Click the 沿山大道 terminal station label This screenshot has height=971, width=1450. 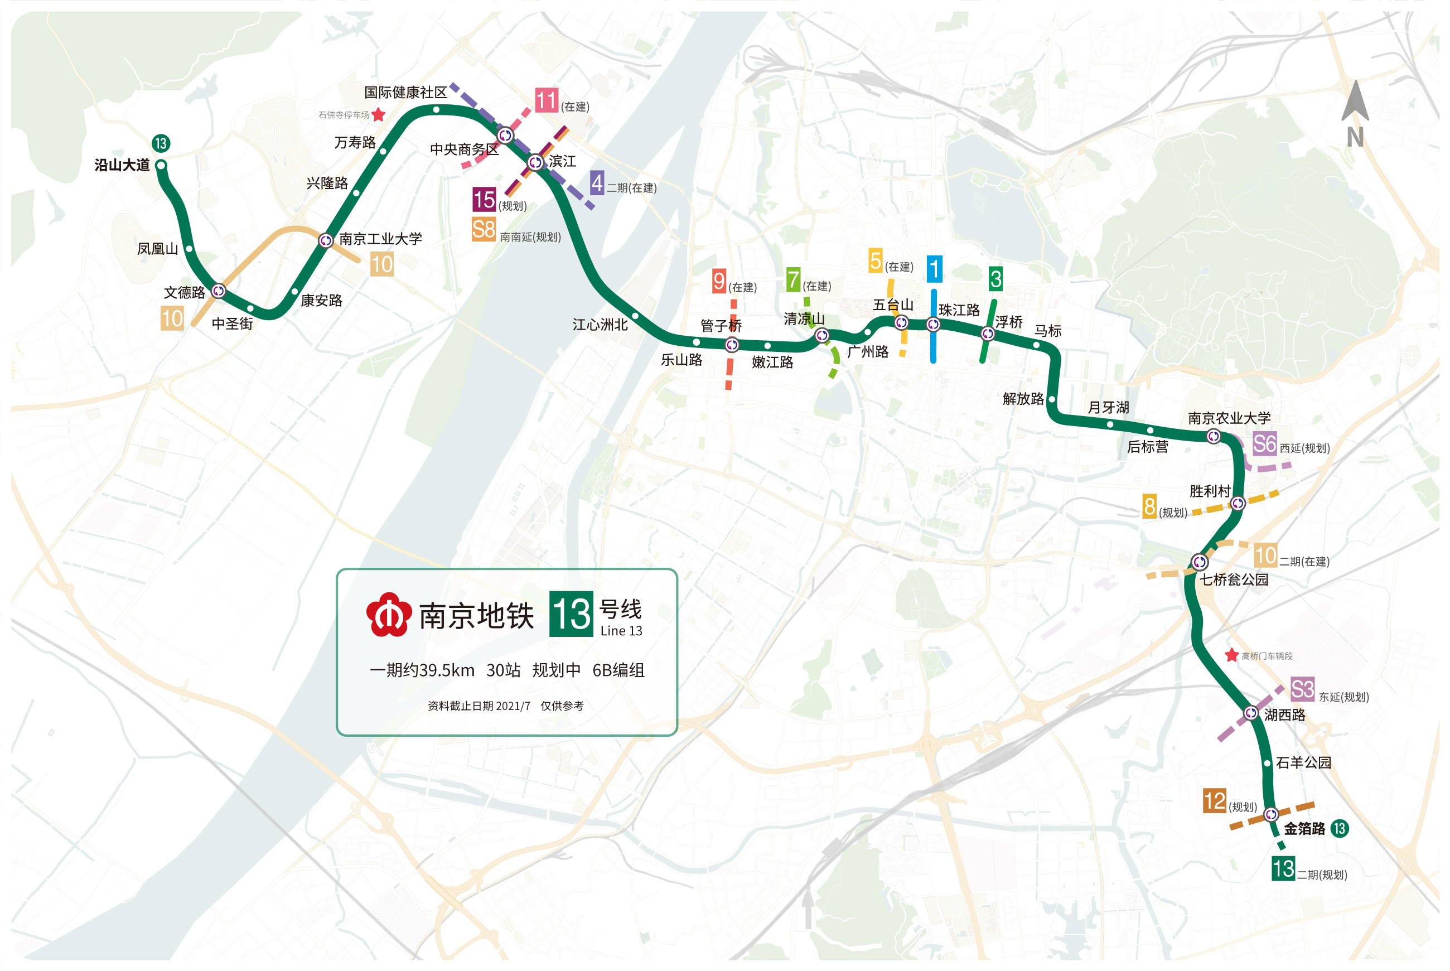pyautogui.click(x=122, y=165)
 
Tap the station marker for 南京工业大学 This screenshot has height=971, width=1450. pyautogui.click(x=326, y=240)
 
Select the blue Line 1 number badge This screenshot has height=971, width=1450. pyautogui.click(x=934, y=269)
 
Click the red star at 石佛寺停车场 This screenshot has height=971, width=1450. pyautogui.click(x=378, y=114)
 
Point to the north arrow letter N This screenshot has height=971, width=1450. pyautogui.click(x=1355, y=137)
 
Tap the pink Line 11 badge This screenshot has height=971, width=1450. pyautogui.click(x=546, y=100)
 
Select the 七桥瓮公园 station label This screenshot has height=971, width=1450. pyautogui.click(x=1234, y=579)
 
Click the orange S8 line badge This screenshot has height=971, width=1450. pyautogui.click(x=484, y=230)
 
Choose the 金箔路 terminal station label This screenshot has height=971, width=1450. pyautogui.click(x=1304, y=829)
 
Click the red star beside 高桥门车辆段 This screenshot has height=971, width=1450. pyautogui.click(x=1231, y=655)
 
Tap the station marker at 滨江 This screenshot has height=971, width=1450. pyautogui.click(x=535, y=163)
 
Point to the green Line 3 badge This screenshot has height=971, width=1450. pyautogui.click(x=995, y=279)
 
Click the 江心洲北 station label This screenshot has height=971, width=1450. pyautogui.click(x=600, y=325)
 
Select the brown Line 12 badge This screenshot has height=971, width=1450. pyautogui.click(x=1214, y=801)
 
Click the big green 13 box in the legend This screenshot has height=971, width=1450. pyautogui.click(x=571, y=614)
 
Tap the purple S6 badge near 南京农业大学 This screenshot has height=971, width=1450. pyautogui.click(x=1264, y=444)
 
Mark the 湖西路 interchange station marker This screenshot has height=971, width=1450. pyautogui.click(x=1251, y=713)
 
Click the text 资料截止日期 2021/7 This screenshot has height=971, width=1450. pyautogui.click(x=478, y=706)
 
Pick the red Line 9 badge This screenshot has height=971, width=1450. pyautogui.click(x=719, y=281)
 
